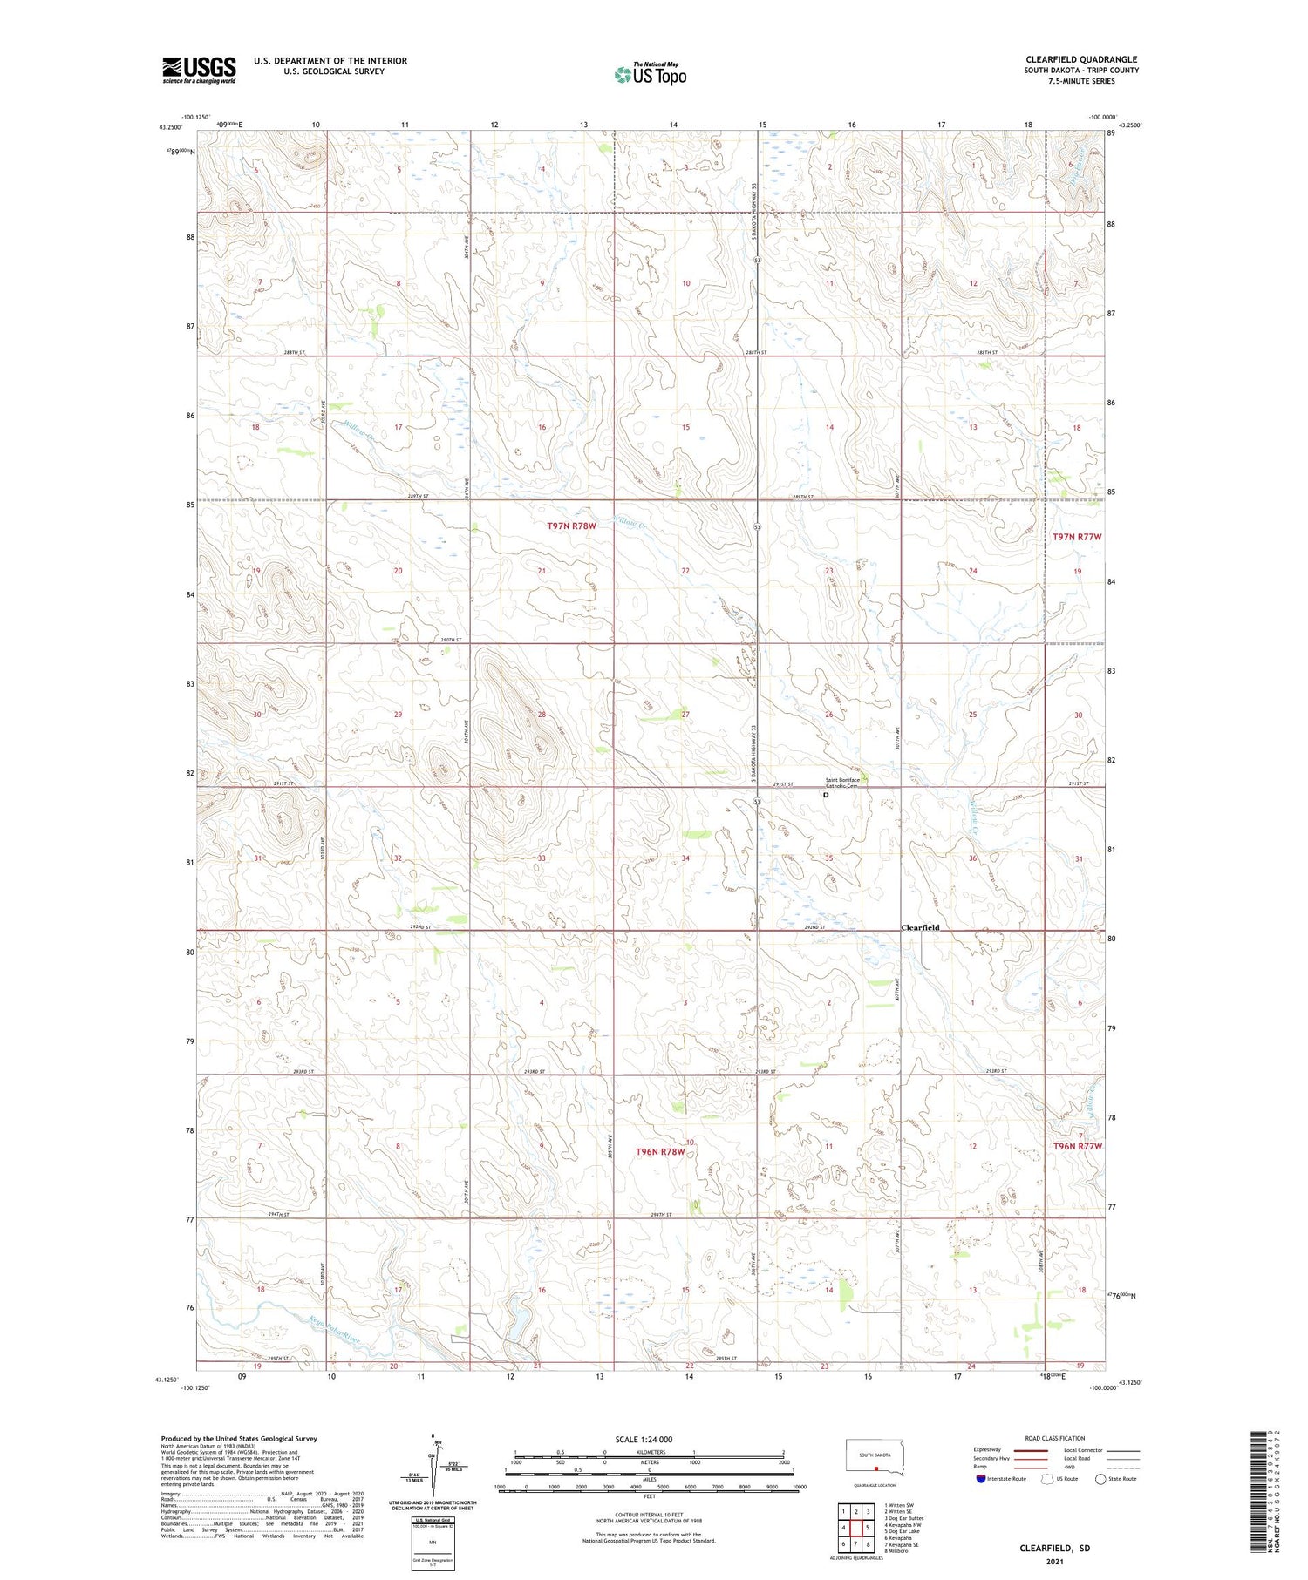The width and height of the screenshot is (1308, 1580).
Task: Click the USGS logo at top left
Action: tap(199, 70)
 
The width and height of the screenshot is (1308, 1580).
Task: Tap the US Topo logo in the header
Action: tap(650, 74)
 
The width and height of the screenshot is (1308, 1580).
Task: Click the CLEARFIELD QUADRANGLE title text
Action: tap(1081, 59)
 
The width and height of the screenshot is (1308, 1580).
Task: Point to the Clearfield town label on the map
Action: tap(920, 928)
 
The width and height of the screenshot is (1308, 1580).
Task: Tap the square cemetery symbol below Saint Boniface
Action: tap(826, 795)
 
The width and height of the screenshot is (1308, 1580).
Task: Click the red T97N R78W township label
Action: tap(571, 526)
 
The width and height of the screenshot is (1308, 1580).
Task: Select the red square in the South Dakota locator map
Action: tap(875, 1467)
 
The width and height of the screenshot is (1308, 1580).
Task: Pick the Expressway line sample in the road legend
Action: tap(1036, 1450)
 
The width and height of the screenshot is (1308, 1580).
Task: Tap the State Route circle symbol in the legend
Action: tap(1100, 1478)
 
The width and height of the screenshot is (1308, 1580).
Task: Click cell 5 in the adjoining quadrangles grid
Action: tap(869, 1527)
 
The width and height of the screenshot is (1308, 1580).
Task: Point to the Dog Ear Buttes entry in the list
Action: tap(903, 1518)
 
